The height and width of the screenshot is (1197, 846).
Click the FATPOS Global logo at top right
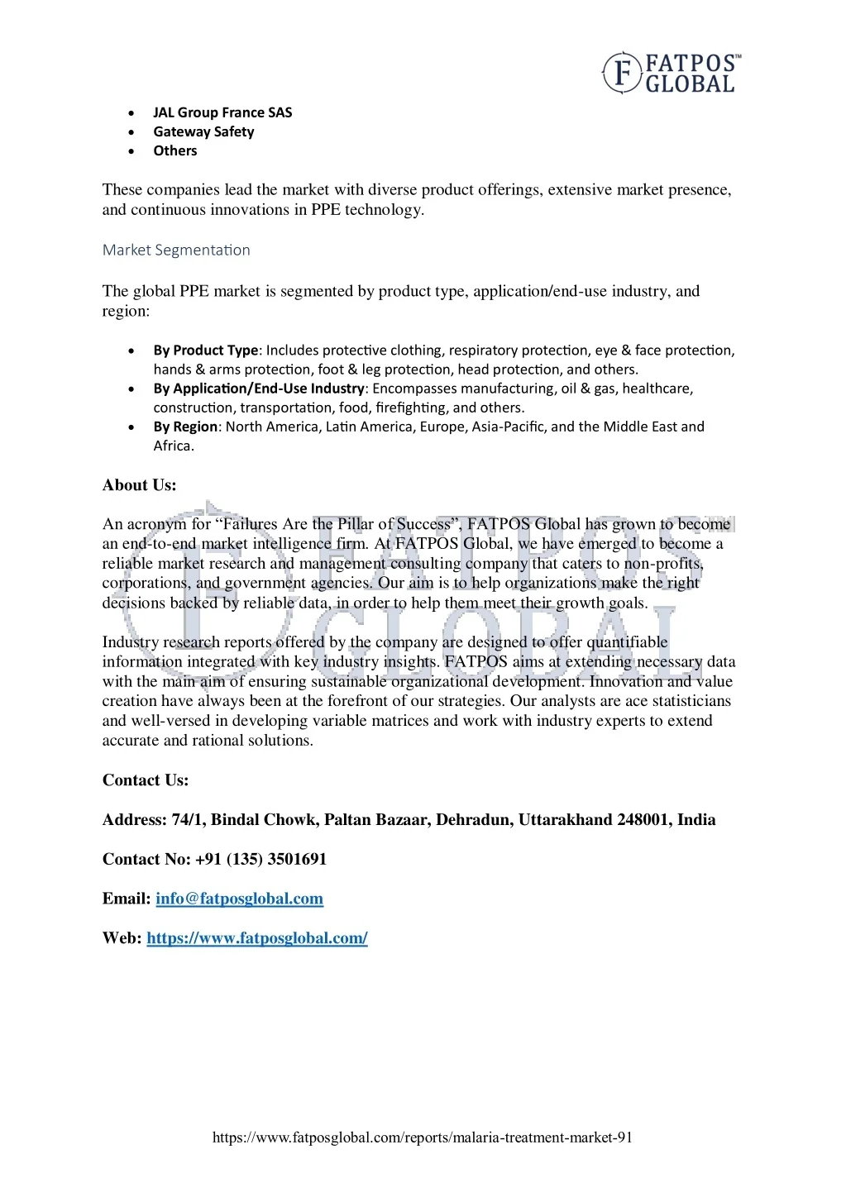pos(671,73)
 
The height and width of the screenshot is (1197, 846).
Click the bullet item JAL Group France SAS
pos(222,112)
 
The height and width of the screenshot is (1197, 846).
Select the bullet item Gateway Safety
pos(203,131)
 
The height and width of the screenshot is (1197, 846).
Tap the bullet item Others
pos(175,150)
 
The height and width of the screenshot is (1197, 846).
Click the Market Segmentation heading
pos(176,250)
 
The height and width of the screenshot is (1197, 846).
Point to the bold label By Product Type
pos(206,351)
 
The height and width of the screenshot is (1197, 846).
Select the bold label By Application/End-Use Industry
pos(259,389)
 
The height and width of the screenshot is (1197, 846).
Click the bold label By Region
pos(186,427)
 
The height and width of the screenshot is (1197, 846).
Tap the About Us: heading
pos(140,485)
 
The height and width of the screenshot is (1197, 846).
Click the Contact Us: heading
pos(146,780)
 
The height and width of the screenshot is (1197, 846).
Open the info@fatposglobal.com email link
pos(239,899)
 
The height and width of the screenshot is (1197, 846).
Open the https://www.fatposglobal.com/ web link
pos(257,938)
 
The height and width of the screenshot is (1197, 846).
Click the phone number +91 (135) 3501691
pos(261,860)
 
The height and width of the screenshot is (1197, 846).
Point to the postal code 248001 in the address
pos(643,820)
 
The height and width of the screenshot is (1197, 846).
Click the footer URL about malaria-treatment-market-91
pos(423,1137)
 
